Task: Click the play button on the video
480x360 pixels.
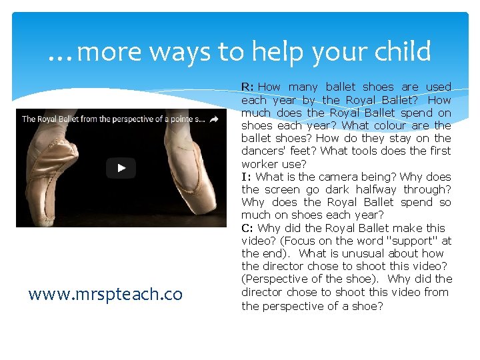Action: tap(121, 168)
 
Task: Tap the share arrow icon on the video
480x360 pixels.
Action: tap(214, 119)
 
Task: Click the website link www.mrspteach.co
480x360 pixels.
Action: tap(105, 294)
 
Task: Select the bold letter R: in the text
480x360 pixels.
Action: tap(247, 87)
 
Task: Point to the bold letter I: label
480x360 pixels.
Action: tap(246, 177)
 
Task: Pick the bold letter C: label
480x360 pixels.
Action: tap(247, 228)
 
